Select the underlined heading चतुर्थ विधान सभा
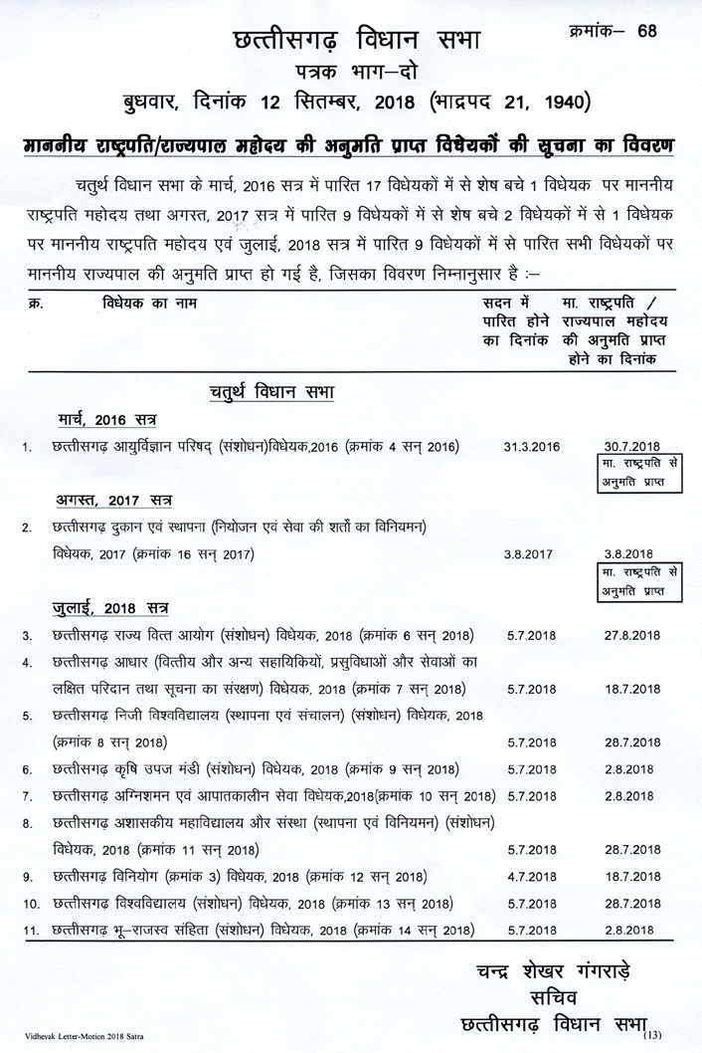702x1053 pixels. [x=270, y=391]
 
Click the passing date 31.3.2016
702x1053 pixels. [x=532, y=448]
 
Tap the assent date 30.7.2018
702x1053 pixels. [x=631, y=448]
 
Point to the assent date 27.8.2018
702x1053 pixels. [x=631, y=635]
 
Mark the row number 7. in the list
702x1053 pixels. [x=28, y=796]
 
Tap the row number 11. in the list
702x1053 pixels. [x=30, y=932]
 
